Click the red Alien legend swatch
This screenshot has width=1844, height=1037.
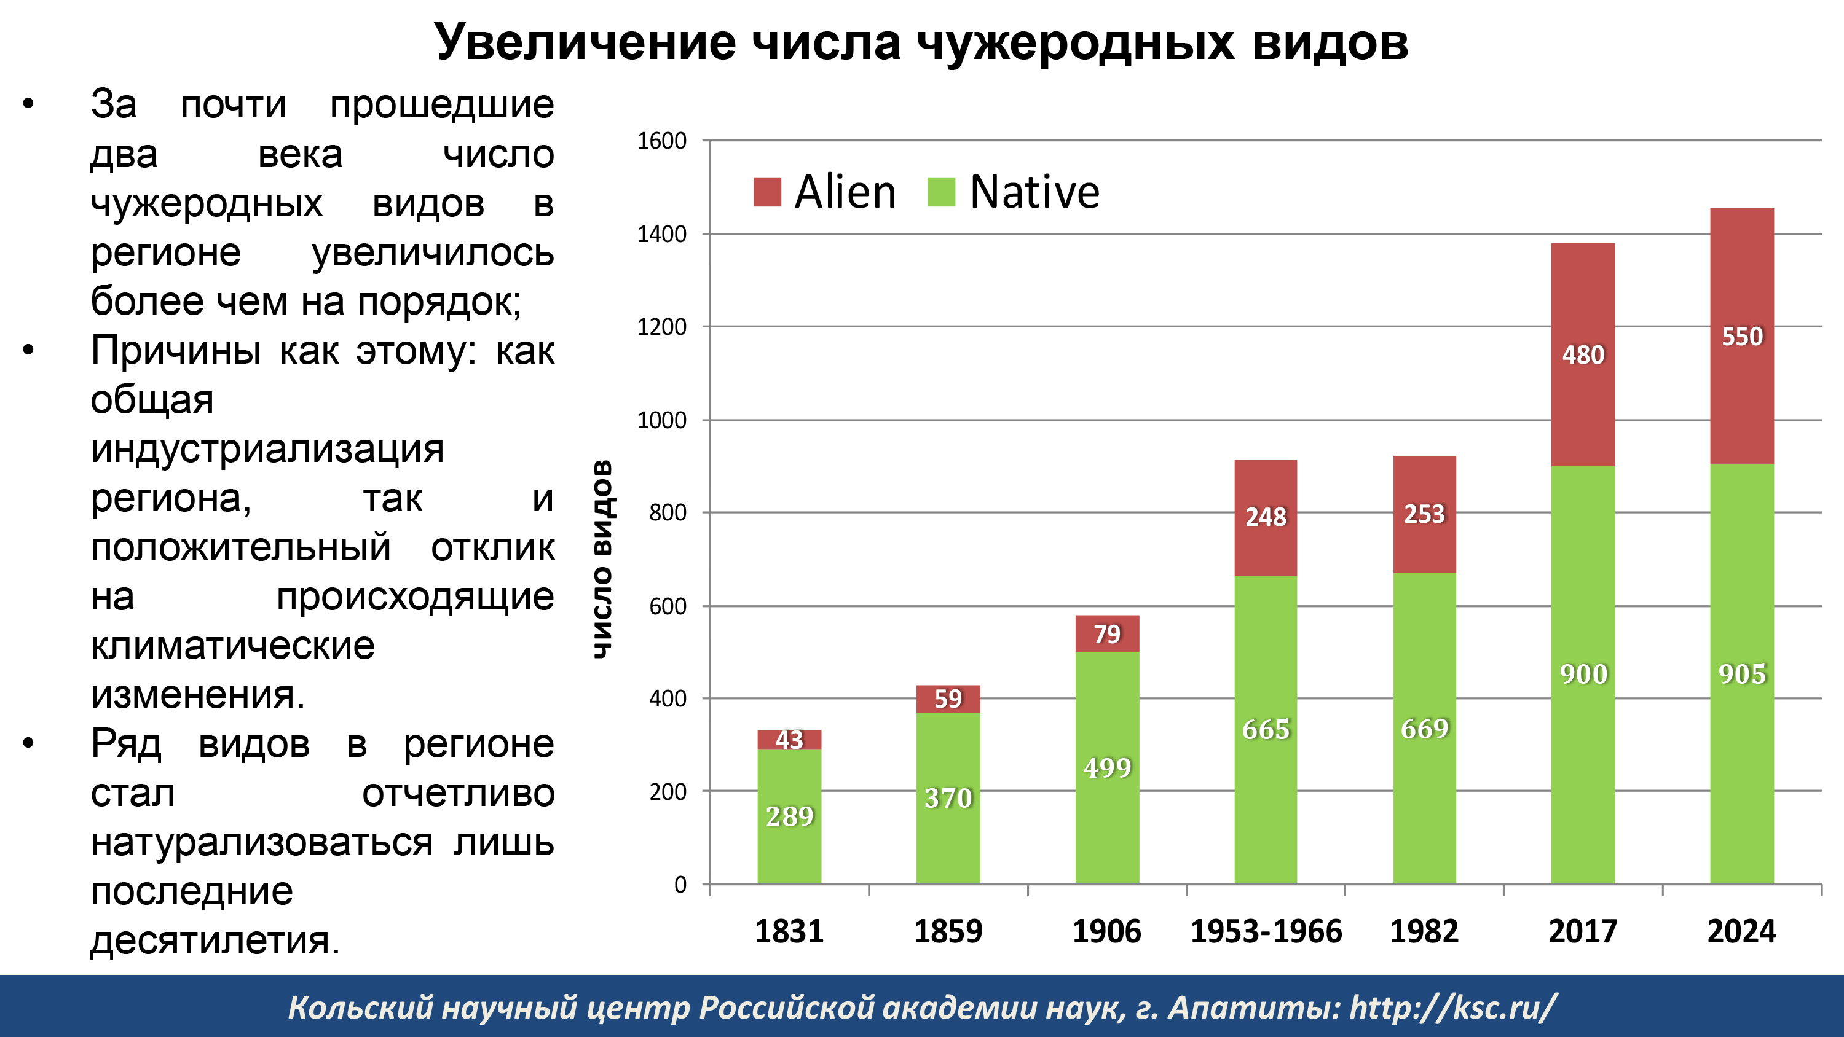(x=766, y=192)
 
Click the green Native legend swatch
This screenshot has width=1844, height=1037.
(x=941, y=192)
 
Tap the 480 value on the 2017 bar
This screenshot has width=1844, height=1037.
(x=1583, y=355)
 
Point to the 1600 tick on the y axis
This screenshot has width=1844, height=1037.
(x=661, y=141)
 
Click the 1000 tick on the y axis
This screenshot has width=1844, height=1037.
(x=661, y=420)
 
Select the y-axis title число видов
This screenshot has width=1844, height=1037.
(x=603, y=559)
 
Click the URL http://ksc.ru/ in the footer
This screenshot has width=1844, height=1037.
(x=1452, y=1007)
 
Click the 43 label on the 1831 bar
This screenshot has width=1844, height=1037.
(x=789, y=739)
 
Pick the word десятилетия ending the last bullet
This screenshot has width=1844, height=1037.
(x=214, y=940)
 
